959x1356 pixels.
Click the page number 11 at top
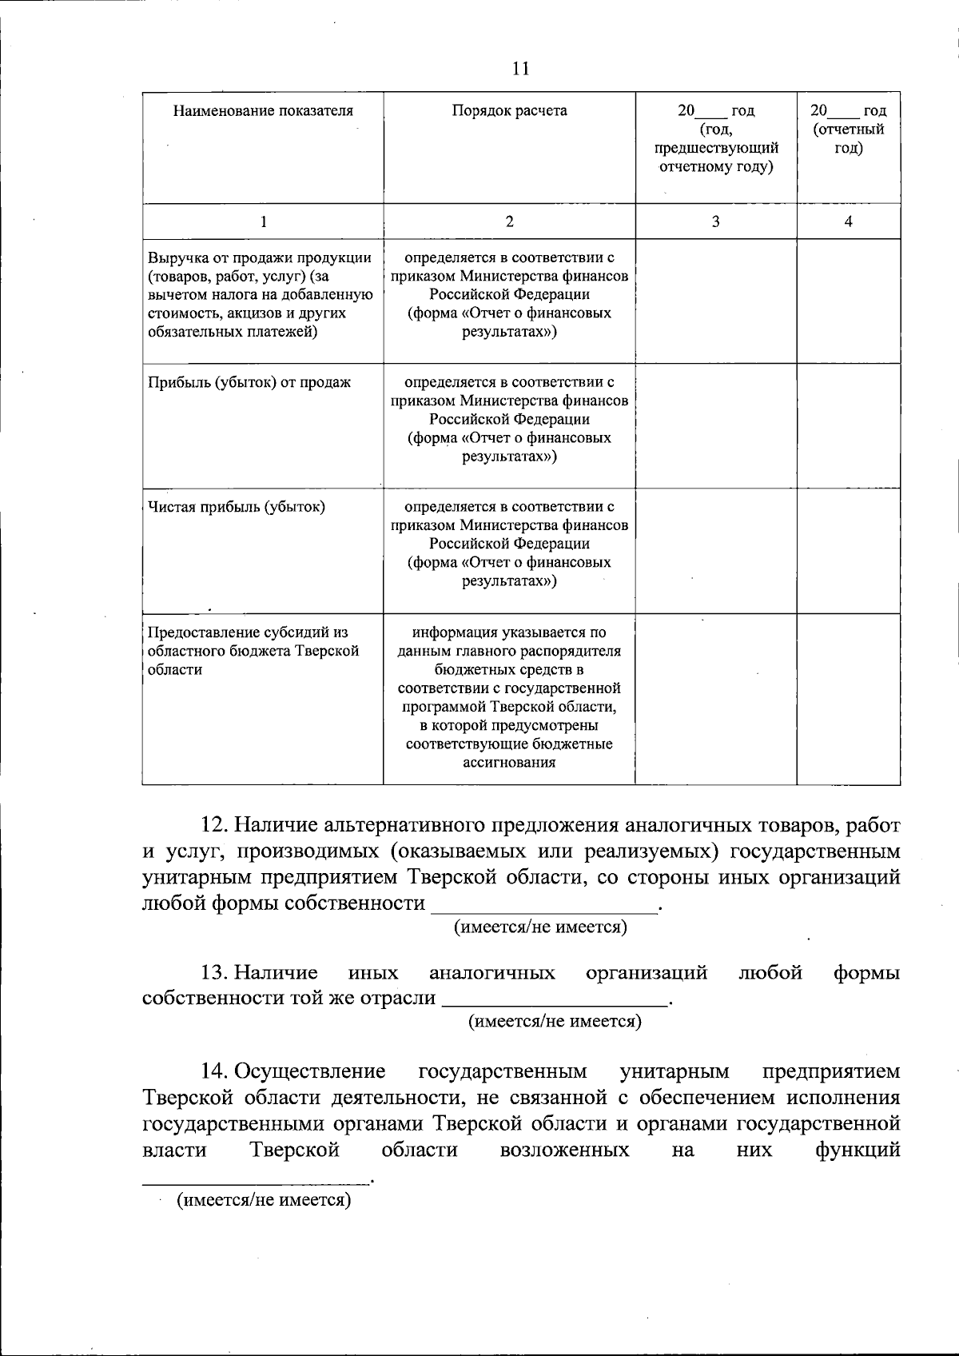[x=520, y=69]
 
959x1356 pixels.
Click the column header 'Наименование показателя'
[x=263, y=111]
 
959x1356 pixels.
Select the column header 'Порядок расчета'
[x=509, y=111]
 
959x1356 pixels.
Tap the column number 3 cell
[x=715, y=221]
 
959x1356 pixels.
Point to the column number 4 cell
[x=848, y=221]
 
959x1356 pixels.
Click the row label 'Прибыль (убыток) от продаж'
[x=249, y=382]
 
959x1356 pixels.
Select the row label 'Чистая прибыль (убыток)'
[x=237, y=507]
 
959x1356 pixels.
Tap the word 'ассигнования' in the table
[x=509, y=763]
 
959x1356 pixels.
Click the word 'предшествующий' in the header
[x=715, y=148]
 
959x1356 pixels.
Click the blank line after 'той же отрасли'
[x=555, y=999]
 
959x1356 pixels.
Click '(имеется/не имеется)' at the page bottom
[x=264, y=1200]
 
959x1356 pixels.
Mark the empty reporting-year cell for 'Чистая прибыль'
[x=848, y=550]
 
